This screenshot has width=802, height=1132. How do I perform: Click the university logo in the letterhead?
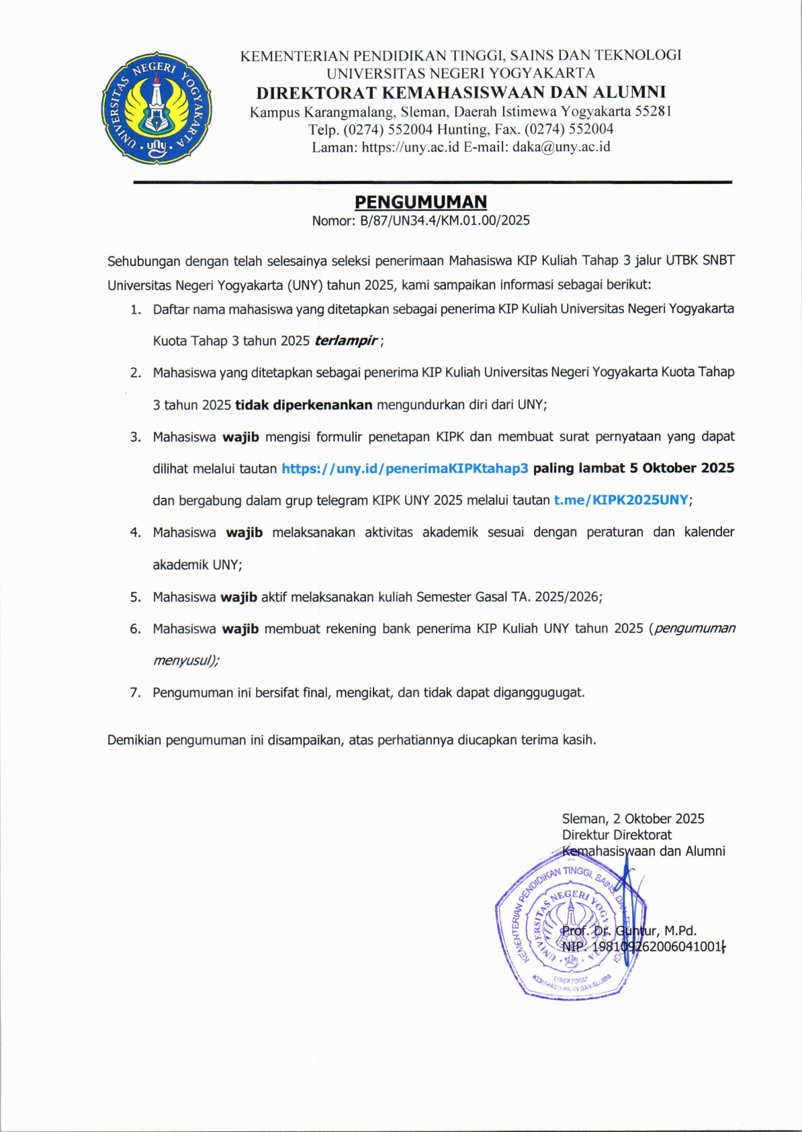tap(157, 107)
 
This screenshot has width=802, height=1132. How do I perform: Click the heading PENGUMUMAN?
tap(420, 202)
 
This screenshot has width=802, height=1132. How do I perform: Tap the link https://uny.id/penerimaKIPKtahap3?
tap(405, 468)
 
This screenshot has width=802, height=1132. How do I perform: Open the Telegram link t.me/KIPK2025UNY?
tap(621, 500)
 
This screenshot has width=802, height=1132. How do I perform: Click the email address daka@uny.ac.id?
tap(561, 146)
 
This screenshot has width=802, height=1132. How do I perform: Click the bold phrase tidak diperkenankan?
tap(304, 404)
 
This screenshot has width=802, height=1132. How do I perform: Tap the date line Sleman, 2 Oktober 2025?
tap(633, 818)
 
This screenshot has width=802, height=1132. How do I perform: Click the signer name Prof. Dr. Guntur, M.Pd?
tap(629, 931)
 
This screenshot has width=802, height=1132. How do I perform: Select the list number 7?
tap(136, 693)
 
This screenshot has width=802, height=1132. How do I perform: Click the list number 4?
tap(136, 532)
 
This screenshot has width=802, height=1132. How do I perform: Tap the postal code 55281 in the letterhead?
tap(653, 111)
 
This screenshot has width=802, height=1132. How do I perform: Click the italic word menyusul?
tap(183, 660)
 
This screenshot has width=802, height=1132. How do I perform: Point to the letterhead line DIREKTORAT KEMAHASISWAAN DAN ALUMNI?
tap(461, 92)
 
